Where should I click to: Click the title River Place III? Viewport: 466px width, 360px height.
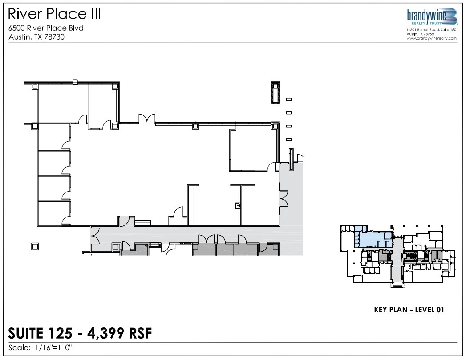[55, 14]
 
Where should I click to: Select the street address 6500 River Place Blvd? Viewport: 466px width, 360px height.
[46, 28]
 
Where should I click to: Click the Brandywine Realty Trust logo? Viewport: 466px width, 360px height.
[432, 17]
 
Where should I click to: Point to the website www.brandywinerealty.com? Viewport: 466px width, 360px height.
[431, 39]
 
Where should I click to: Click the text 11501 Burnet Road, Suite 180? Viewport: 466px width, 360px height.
[431, 30]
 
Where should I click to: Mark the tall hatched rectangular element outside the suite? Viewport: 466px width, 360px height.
[276, 93]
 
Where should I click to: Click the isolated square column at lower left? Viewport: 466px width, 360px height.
[35, 246]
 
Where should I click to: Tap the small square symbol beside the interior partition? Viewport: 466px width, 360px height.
[238, 205]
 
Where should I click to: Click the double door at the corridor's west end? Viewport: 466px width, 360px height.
[94, 234]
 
